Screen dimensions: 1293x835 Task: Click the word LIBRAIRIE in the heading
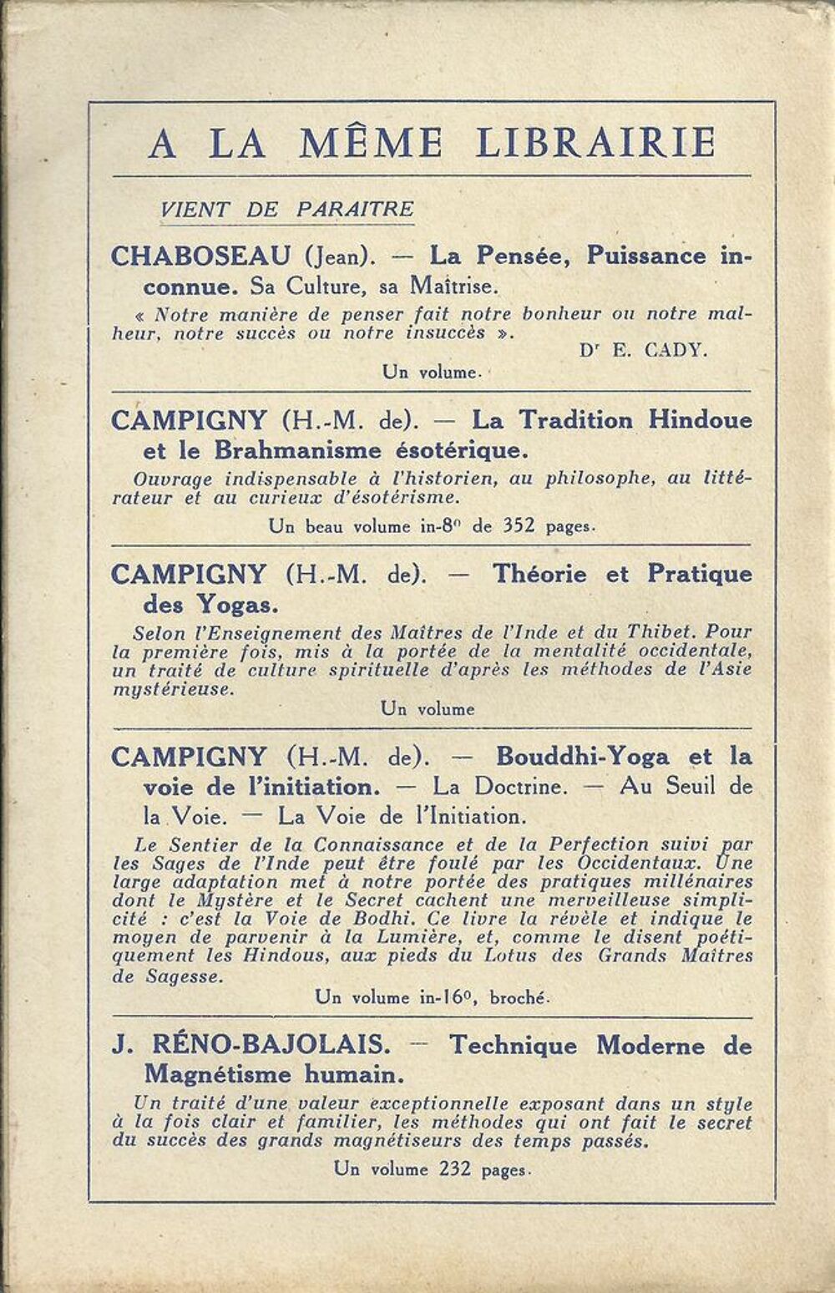(595, 143)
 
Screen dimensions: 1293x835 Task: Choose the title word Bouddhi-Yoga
(582, 757)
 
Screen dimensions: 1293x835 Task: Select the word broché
(519, 996)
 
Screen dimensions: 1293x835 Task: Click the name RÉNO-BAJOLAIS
(267, 1045)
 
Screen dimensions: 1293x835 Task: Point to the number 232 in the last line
(457, 1169)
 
